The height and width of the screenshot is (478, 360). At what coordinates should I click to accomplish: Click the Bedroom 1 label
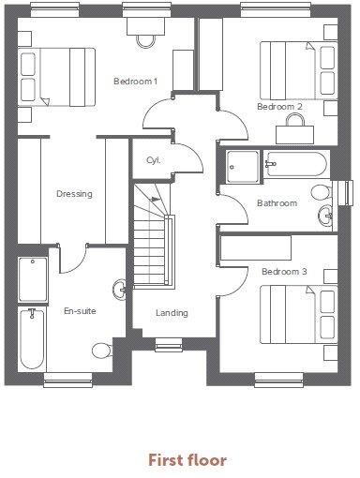pos(135,82)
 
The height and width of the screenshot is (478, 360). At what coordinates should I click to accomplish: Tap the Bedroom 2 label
pos(279,107)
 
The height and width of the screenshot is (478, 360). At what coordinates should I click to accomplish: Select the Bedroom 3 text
pos(284,272)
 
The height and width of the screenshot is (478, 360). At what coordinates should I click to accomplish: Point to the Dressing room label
pos(74,195)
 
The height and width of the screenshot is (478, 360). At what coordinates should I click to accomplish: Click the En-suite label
pos(80,310)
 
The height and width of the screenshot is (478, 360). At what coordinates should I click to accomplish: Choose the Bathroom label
pos(277,203)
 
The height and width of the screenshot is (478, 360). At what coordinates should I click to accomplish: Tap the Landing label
pos(172,313)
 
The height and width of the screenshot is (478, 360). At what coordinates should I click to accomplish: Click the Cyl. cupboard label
pos(153,160)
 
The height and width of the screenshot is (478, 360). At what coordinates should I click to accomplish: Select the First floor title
pos(187,460)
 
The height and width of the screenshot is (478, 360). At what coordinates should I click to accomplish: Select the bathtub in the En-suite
pos(31,337)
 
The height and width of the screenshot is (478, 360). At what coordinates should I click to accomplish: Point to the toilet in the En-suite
pos(102,351)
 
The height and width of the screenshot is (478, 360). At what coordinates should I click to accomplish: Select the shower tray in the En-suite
pos(33,278)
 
